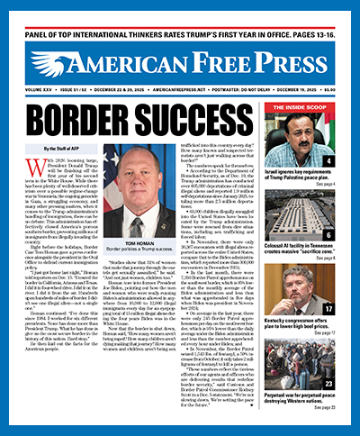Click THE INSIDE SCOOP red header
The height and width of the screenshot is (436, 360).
[306, 106]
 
